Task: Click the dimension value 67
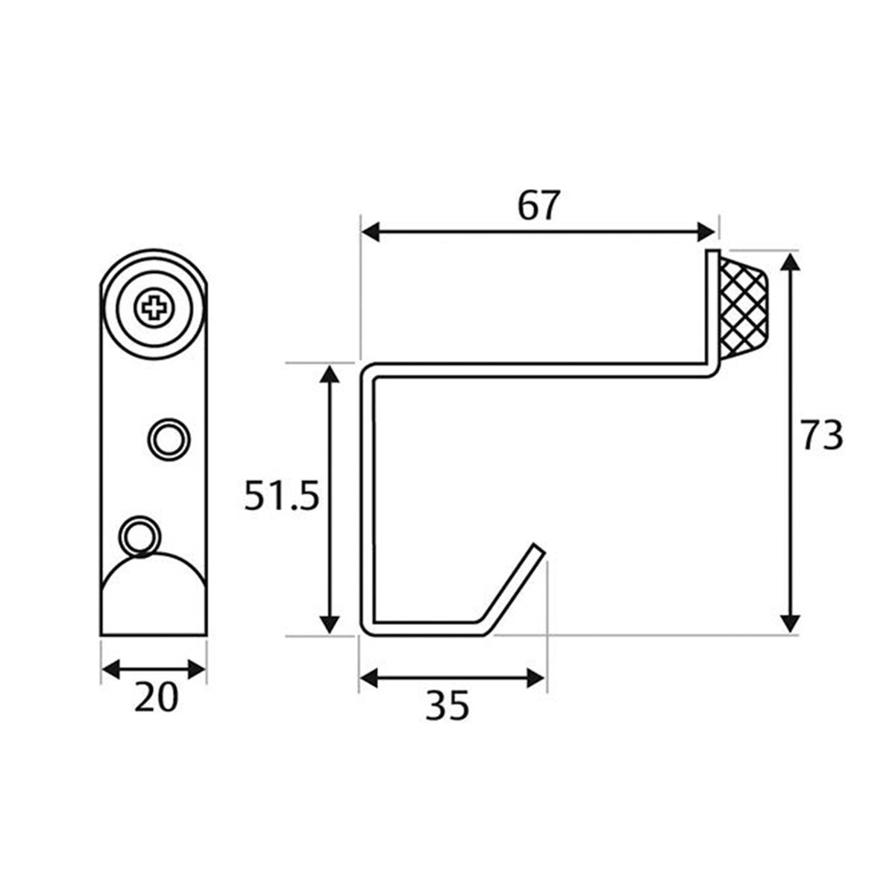(538, 206)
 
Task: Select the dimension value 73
(822, 436)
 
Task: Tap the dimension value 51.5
(282, 497)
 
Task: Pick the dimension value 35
(447, 705)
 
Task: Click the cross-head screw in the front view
(154, 308)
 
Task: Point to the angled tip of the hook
(535, 553)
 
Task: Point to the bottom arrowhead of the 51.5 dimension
(329, 624)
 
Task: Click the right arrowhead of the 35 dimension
(536, 678)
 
